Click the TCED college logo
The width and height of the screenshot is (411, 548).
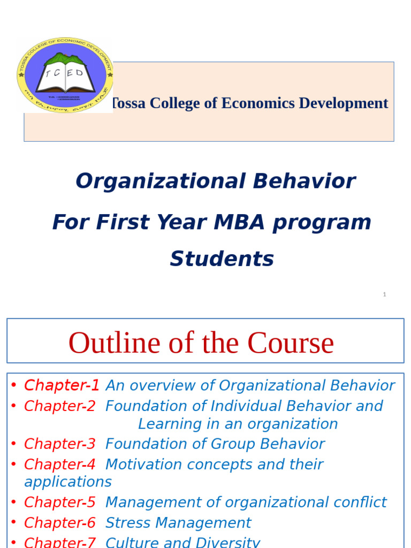click(x=65, y=75)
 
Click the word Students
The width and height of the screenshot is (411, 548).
click(x=222, y=260)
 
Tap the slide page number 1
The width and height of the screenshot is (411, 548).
click(x=384, y=294)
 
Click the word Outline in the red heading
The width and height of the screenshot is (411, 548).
click(x=113, y=343)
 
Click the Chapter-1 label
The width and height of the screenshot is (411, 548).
click(x=62, y=385)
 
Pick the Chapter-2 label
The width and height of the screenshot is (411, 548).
click(x=60, y=406)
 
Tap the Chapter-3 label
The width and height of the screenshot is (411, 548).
click(x=60, y=444)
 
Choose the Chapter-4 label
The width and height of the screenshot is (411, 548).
click(x=60, y=465)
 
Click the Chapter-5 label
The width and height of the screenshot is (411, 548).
click(x=60, y=503)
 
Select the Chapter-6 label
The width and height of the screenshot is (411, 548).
click(x=60, y=523)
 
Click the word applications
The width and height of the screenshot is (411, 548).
click(x=68, y=482)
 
